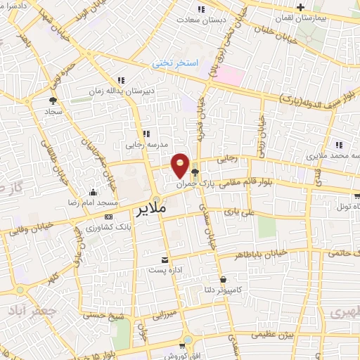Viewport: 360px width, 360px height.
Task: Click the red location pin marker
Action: pyautogui.click(x=181, y=165)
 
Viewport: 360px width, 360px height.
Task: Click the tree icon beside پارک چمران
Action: pyautogui.click(x=195, y=171)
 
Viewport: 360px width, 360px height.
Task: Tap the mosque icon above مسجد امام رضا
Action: pyautogui.click(x=93, y=192)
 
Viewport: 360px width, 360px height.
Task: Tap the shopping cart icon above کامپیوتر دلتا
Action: pyautogui.click(x=223, y=279)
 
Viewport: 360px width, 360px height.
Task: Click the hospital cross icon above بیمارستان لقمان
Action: pyautogui.click(x=300, y=7)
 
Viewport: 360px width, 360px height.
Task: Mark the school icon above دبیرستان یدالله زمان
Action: pyautogui.click(x=121, y=80)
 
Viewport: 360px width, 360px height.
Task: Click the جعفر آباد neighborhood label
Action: pyautogui.click(x=24, y=309)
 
